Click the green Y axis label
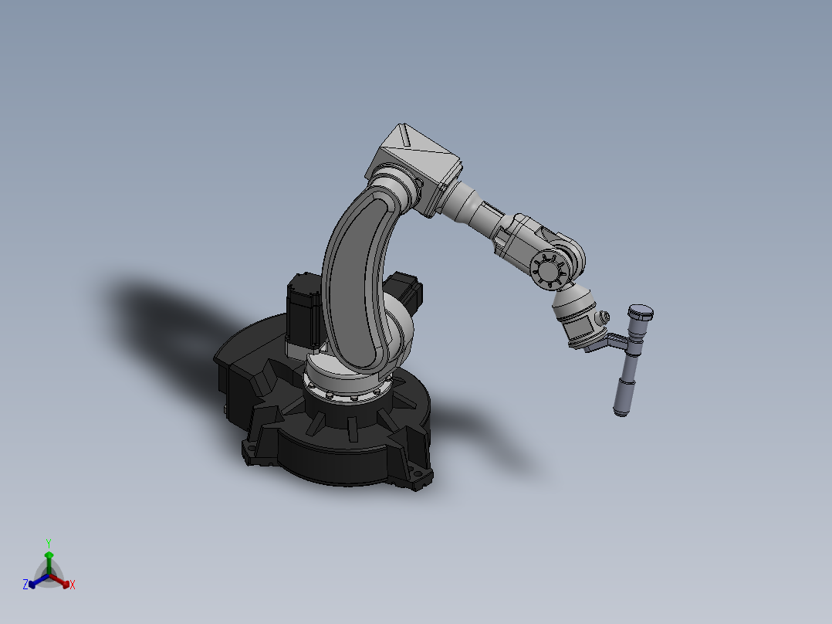pyautogui.click(x=49, y=543)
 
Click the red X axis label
pyautogui.click(x=73, y=585)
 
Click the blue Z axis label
pyautogui.click(x=25, y=585)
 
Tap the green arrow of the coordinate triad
pyautogui.click(x=49, y=558)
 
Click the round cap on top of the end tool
pyautogui.click(x=641, y=312)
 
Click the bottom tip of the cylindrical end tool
pyautogui.click(x=620, y=412)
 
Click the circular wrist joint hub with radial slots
pyautogui.click(x=550, y=271)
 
